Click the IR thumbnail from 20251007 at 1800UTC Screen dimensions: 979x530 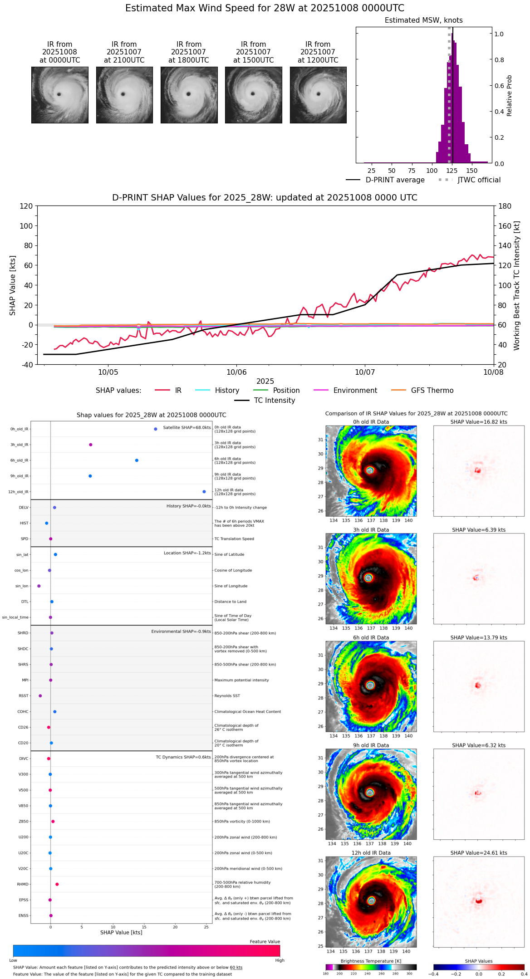[x=189, y=95]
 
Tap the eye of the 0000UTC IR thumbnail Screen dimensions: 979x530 [x=59, y=94]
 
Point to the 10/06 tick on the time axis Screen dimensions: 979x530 [x=236, y=372]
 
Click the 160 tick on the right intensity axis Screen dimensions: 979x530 [x=505, y=226]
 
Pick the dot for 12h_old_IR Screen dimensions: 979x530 [x=204, y=492]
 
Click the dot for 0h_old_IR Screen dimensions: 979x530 [x=156, y=429]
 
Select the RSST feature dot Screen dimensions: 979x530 [x=40, y=696]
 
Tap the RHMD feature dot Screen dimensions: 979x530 [x=57, y=884]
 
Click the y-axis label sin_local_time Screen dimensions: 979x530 [x=15, y=617]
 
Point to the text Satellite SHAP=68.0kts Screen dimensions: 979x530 [x=187, y=428]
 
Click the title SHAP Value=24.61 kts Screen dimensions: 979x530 [x=479, y=853]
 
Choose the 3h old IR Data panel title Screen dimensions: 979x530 [x=371, y=530]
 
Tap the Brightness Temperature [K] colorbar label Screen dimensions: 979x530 [x=371, y=961]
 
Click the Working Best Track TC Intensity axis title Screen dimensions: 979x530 [x=517, y=286]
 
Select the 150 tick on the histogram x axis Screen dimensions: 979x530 [x=472, y=171]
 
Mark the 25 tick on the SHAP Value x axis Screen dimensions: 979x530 [x=206, y=927]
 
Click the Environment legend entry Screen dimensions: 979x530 [x=355, y=391]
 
